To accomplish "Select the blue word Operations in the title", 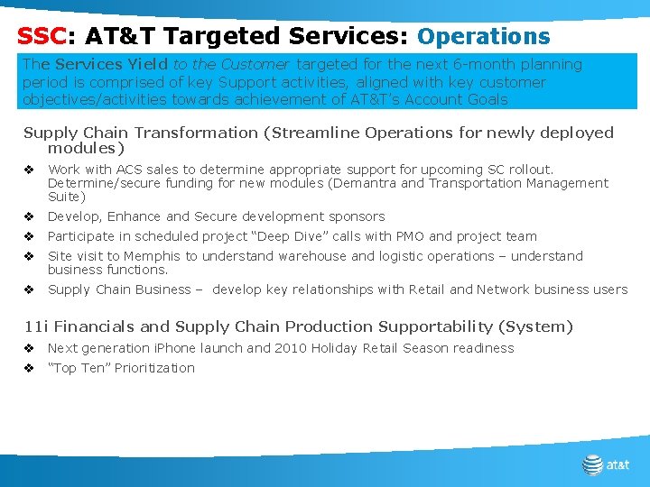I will coord(483,37).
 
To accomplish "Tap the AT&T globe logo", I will coord(592,464).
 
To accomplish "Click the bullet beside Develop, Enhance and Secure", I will coord(29,216).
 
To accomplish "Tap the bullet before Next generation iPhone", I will coord(29,348).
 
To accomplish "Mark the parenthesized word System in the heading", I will coord(540,326).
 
